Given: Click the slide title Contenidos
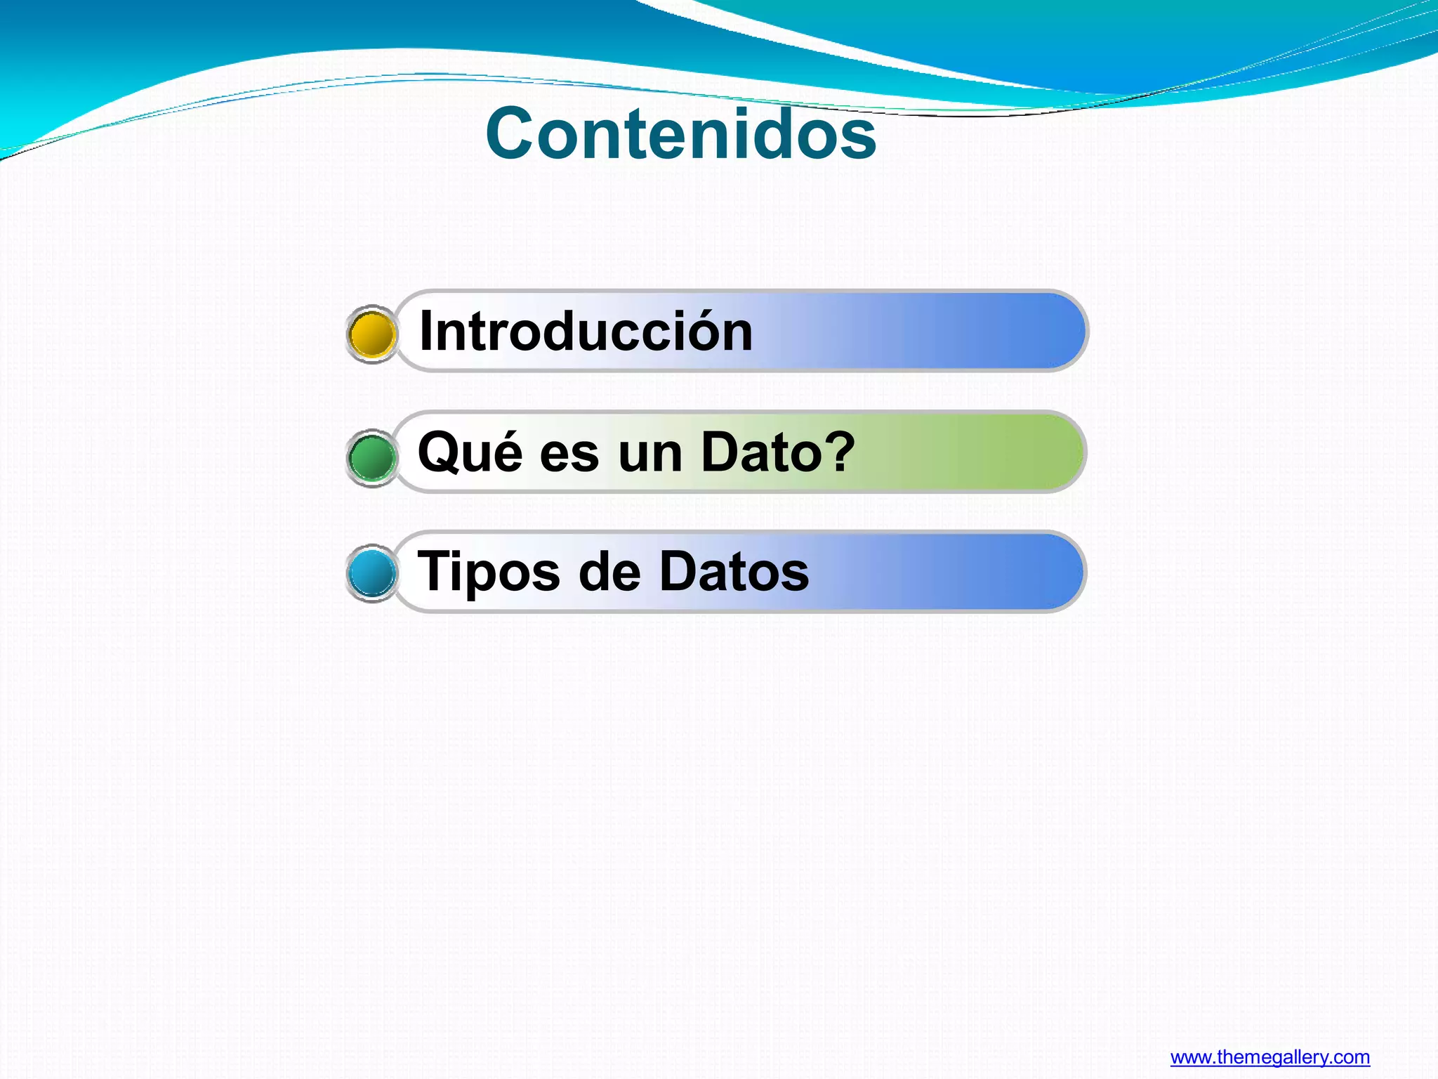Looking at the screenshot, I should (680, 133).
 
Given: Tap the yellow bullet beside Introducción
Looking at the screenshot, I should (371, 334).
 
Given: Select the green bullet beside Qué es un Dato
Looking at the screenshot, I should (371, 457).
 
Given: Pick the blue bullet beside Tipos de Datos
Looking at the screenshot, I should (371, 573).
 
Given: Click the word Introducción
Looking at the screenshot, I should (586, 331).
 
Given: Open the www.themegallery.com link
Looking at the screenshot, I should (1269, 1057).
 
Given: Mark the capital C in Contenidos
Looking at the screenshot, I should (512, 133).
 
